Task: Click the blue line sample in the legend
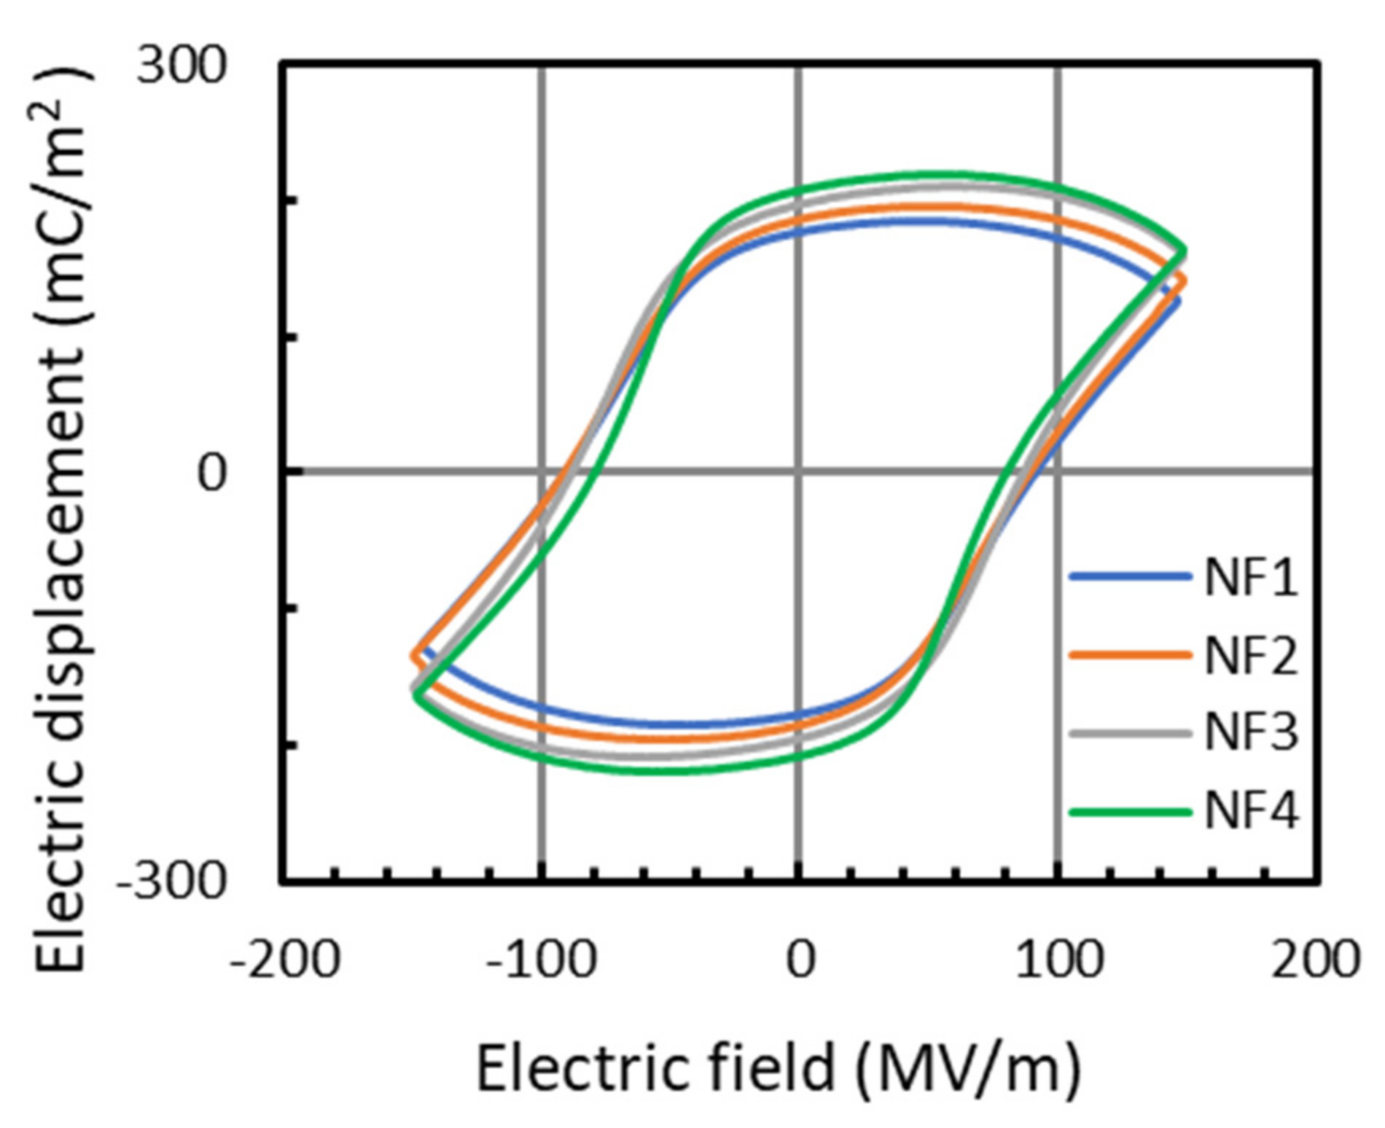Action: [x=1130, y=576]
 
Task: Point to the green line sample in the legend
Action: [x=1130, y=811]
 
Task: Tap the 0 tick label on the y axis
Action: [x=212, y=474]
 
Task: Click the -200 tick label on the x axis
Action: [x=285, y=960]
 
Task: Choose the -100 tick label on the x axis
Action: [x=542, y=960]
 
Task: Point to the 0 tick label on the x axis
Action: [x=800, y=960]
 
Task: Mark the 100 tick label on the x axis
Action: [x=1058, y=960]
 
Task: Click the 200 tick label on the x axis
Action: [x=1316, y=960]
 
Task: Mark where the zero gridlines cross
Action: [x=800, y=471]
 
